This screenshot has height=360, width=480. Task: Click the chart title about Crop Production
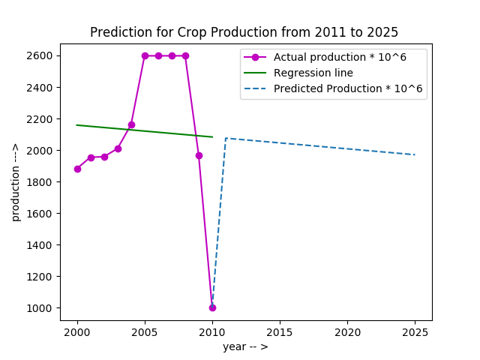[244, 32]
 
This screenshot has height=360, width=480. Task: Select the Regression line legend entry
[313, 73]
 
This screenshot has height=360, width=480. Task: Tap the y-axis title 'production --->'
[15, 182]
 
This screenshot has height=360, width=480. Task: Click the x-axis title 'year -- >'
[245, 346]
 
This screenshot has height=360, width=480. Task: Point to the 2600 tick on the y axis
[39, 55]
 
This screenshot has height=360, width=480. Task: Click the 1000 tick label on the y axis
[39, 307]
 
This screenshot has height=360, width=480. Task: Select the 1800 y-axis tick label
[39, 181]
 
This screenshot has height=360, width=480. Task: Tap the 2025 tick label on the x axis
[415, 331]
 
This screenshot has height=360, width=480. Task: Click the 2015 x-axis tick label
[280, 331]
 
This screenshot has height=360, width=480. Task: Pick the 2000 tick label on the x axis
[77, 331]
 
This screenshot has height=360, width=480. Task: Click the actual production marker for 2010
[212, 307]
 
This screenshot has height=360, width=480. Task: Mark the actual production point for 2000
[77, 169]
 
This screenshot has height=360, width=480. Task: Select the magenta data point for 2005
[145, 55]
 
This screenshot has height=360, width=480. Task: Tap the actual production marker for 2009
[199, 155]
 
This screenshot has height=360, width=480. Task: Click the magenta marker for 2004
[131, 124]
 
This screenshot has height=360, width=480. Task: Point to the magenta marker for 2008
[185, 55]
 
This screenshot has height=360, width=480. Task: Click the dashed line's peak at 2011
[226, 138]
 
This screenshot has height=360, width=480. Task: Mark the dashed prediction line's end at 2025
[415, 154]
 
